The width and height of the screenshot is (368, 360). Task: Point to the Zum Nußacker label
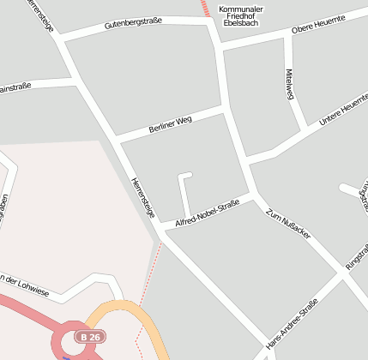point(288,223)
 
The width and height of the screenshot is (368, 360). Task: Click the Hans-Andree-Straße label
point(292,324)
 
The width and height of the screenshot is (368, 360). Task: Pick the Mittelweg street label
point(290,84)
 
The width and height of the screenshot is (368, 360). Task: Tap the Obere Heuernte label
point(318,27)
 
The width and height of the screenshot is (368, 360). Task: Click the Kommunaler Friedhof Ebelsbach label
point(241,16)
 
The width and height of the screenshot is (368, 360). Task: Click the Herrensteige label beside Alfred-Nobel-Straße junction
point(142,197)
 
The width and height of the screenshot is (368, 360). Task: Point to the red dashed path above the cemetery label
point(205,8)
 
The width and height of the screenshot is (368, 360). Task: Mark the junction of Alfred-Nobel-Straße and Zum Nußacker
point(256,196)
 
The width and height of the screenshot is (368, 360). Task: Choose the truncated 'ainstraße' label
point(15,87)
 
